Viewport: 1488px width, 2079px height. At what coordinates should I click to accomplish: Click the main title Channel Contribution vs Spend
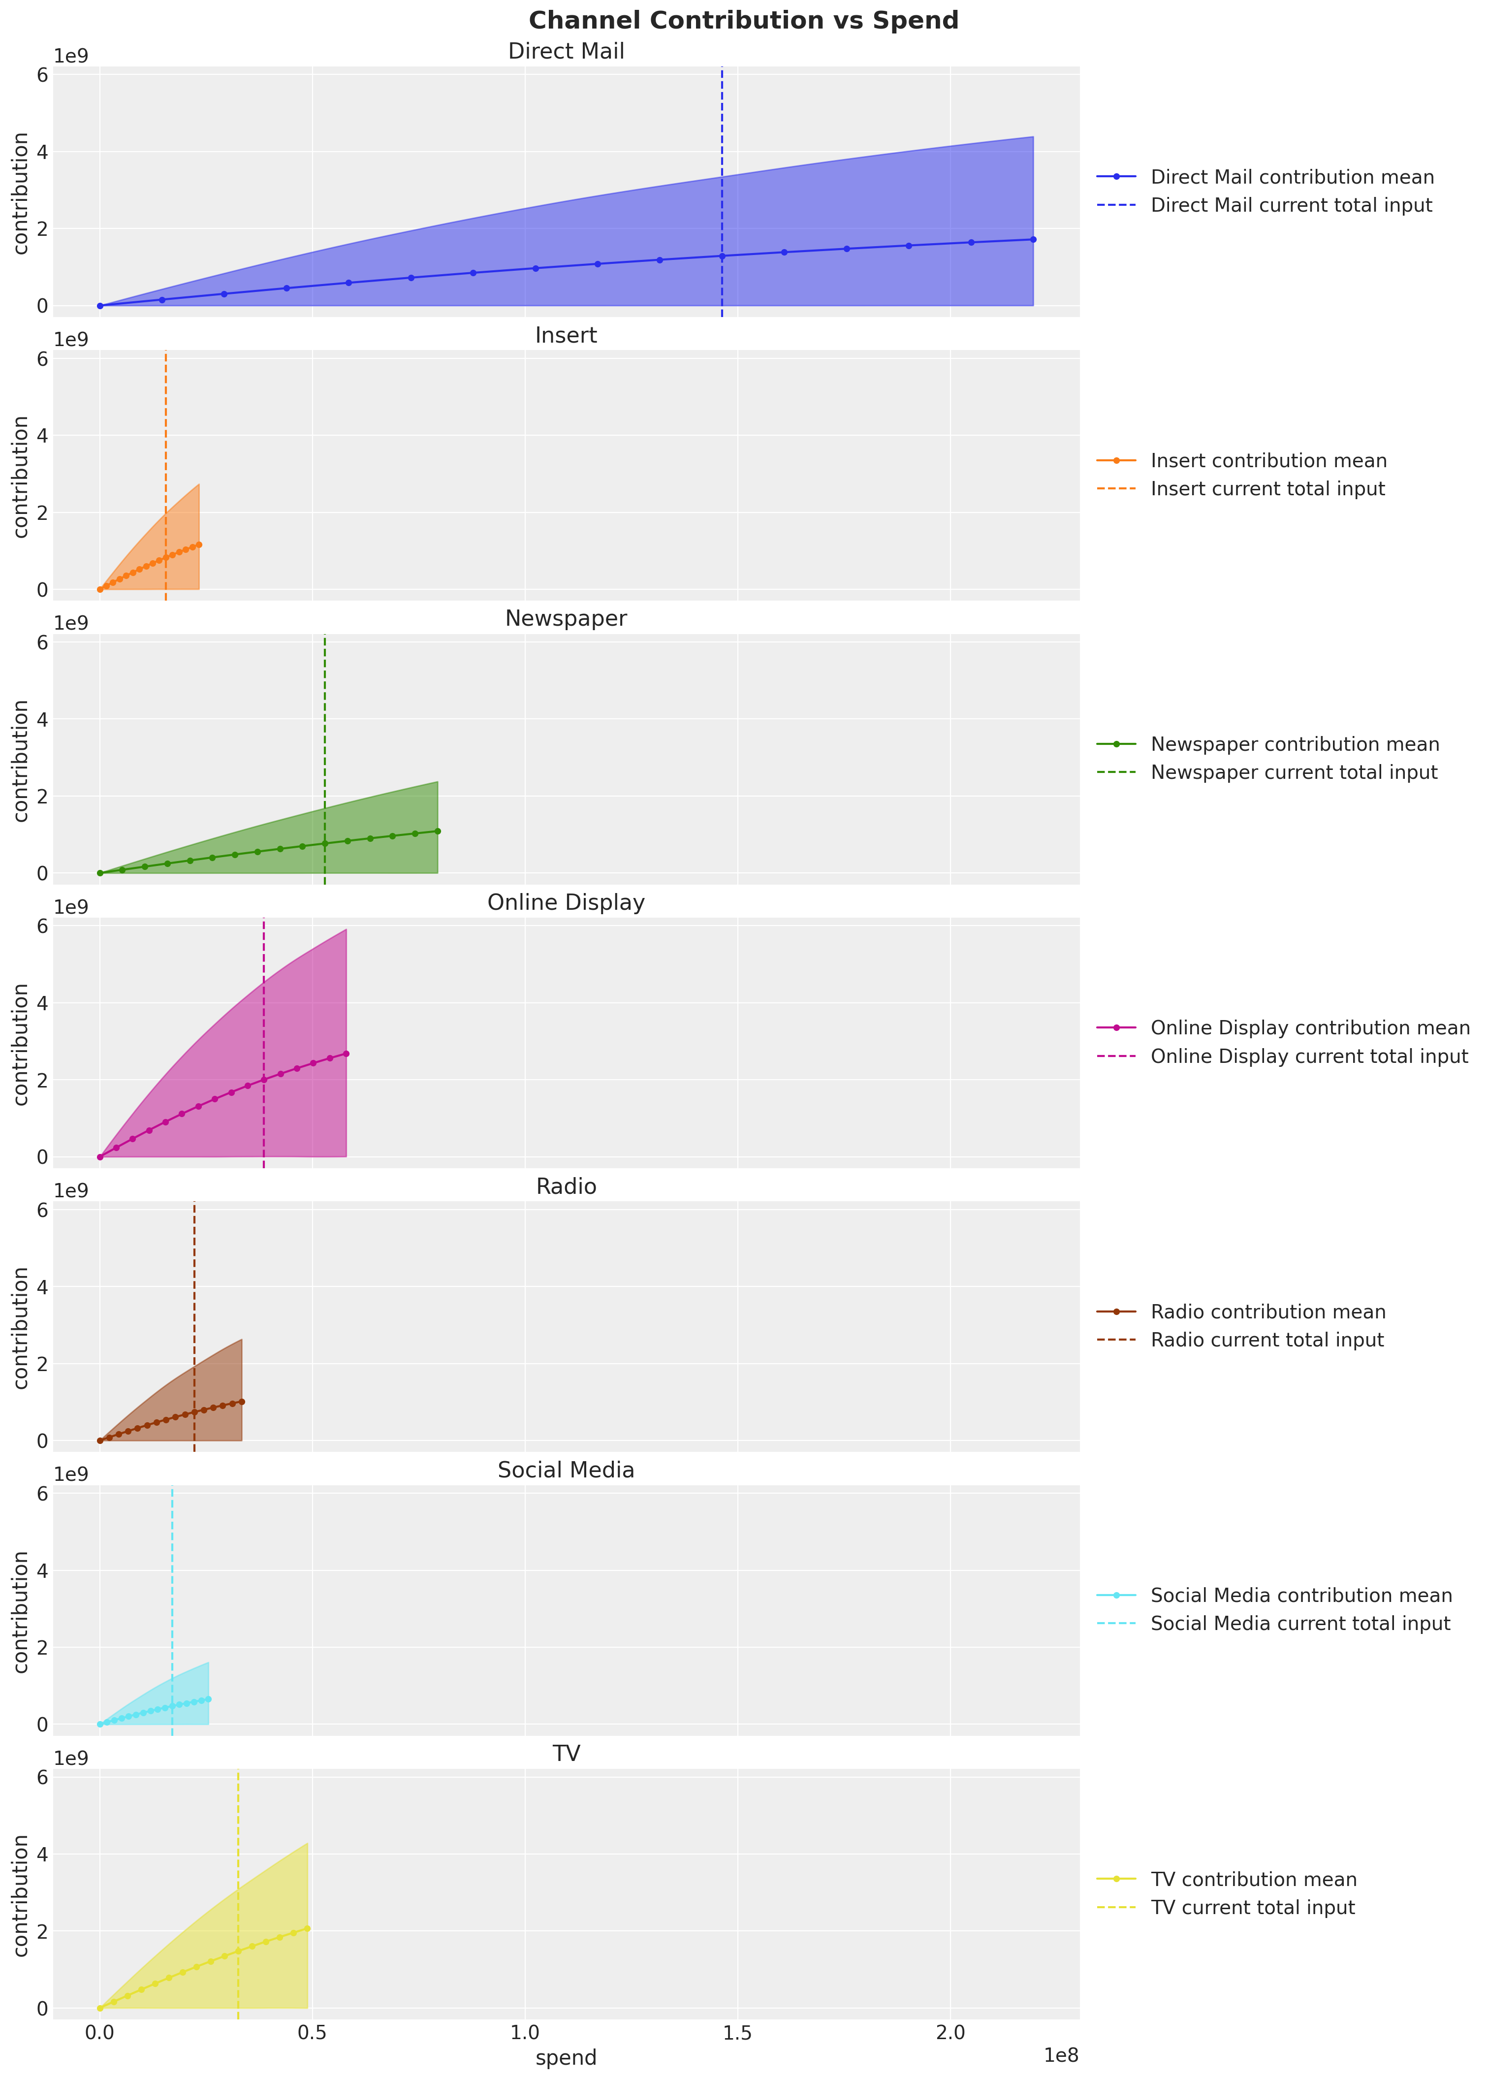(743, 20)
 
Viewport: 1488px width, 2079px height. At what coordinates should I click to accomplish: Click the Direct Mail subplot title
(566, 51)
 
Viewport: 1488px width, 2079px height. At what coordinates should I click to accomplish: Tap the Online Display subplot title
(566, 902)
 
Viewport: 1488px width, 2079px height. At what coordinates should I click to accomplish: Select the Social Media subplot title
(566, 1470)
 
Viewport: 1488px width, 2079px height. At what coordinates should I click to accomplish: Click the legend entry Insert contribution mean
(1268, 461)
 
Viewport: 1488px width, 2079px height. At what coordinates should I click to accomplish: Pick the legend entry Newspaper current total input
(1294, 772)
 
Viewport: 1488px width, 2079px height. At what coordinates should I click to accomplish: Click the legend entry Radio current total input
(1267, 1340)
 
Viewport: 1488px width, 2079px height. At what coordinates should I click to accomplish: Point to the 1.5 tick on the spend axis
(737, 2032)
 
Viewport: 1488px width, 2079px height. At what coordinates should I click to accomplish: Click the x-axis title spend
(566, 2058)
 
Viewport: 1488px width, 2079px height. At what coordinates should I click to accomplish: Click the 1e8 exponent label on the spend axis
(1061, 2055)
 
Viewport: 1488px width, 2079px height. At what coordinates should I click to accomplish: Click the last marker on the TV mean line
(307, 1928)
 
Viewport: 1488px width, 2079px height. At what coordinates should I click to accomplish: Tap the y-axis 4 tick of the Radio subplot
(42, 1286)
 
